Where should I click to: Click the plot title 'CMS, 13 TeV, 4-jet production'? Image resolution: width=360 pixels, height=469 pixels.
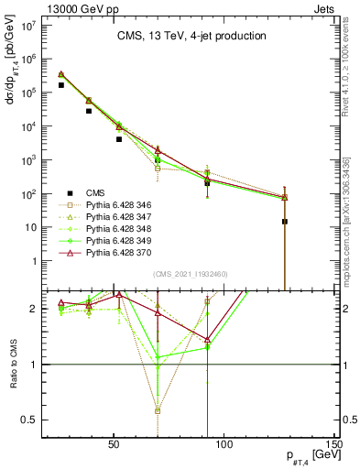(x=191, y=37)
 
